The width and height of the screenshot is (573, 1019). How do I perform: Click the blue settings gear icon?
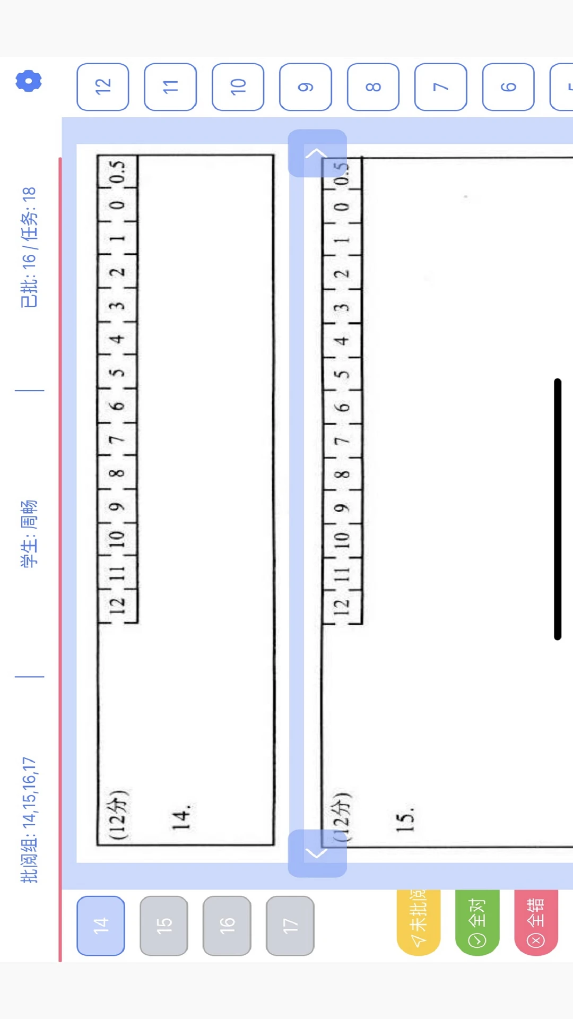tap(29, 81)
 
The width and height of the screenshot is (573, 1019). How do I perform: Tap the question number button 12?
tap(103, 87)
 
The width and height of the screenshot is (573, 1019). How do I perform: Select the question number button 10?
tap(238, 87)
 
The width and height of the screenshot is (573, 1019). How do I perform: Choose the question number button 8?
tap(373, 87)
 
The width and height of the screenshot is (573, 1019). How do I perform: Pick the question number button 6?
tap(508, 87)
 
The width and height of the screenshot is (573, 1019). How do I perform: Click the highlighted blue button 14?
tap(101, 926)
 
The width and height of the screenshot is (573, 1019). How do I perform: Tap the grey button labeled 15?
tap(164, 926)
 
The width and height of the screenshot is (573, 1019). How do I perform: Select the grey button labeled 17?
tap(290, 926)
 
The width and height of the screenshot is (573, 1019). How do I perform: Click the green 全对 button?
tap(477, 922)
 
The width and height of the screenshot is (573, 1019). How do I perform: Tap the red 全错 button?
tap(536, 922)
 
